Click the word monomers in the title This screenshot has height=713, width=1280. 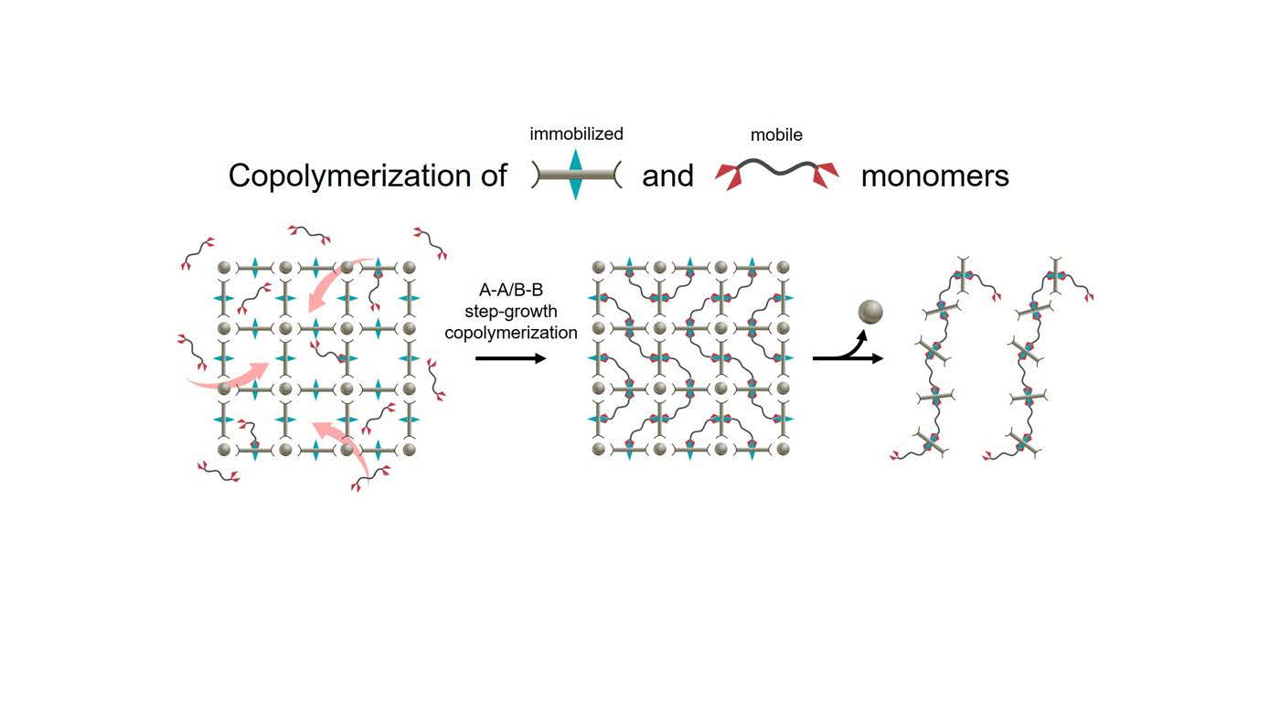point(934,176)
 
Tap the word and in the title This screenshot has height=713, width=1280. point(667,176)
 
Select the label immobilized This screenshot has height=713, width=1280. point(576,134)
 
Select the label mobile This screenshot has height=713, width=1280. point(776,135)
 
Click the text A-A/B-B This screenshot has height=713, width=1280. point(511,291)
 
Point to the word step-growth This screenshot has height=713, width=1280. point(511,312)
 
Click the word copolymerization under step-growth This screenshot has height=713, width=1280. point(511,333)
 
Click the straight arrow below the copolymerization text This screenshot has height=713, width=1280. point(511,358)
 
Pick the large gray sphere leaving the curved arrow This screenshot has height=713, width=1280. point(870,312)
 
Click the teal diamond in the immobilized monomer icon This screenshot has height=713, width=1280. point(575,175)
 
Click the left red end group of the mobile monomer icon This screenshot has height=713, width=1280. point(731,175)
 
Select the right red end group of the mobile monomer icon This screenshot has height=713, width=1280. point(825,175)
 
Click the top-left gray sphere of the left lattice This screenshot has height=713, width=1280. point(225,267)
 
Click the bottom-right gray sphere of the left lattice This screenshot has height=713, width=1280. point(409,450)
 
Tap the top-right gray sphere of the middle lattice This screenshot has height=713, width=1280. point(783,267)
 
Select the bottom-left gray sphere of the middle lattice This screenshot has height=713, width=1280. point(598,449)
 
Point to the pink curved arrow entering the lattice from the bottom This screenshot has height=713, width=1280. point(351,446)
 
